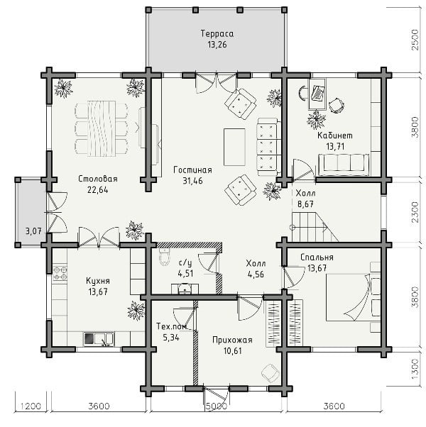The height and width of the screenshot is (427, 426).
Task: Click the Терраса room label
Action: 217,34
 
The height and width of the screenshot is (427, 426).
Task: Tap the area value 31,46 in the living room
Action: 192,181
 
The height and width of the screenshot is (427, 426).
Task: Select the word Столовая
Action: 98,179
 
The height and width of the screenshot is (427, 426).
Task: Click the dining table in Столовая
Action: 101,128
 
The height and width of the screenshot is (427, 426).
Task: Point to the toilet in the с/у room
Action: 164,256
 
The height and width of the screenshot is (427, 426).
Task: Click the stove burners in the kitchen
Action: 60,273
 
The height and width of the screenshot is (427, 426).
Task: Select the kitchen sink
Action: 99,339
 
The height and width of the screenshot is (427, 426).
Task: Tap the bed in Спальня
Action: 353,296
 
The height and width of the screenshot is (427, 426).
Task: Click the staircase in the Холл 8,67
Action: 315,227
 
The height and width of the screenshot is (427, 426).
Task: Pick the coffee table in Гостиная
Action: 234,147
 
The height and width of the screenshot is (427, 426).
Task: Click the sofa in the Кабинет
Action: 344,165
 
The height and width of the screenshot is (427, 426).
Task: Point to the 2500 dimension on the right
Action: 415,40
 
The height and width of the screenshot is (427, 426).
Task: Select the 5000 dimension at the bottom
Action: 216,406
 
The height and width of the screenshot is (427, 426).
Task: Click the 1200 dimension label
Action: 31,406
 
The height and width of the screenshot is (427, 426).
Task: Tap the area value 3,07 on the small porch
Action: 33,231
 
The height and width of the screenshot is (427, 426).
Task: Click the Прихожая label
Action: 232,340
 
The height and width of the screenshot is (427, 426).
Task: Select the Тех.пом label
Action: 172,326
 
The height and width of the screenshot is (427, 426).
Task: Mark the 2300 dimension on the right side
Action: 415,212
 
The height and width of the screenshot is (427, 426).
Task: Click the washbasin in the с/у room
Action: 185,289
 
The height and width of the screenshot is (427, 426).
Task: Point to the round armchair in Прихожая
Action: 270,373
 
